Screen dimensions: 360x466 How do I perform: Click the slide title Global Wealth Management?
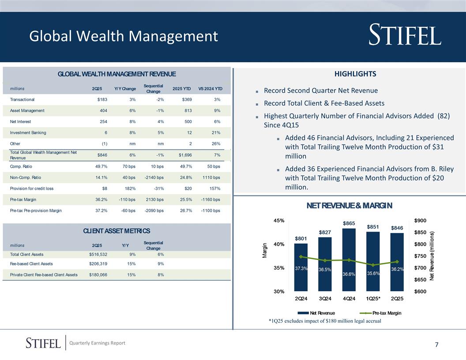(x=124, y=36)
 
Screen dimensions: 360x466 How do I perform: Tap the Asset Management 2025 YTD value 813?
(x=186, y=111)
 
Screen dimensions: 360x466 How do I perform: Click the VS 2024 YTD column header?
(x=210, y=89)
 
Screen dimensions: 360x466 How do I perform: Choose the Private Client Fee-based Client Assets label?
(x=44, y=275)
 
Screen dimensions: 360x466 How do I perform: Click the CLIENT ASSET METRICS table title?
(x=116, y=231)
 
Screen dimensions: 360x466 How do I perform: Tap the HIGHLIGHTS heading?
(x=349, y=74)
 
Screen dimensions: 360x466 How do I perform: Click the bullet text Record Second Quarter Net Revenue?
(x=320, y=91)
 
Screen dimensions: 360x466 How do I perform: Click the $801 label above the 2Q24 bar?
(x=301, y=239)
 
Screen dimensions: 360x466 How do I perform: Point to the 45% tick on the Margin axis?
(x=279, y=221)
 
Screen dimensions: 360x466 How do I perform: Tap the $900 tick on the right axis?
(x=420, y=221)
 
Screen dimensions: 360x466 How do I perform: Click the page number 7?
(x=436, y=345)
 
